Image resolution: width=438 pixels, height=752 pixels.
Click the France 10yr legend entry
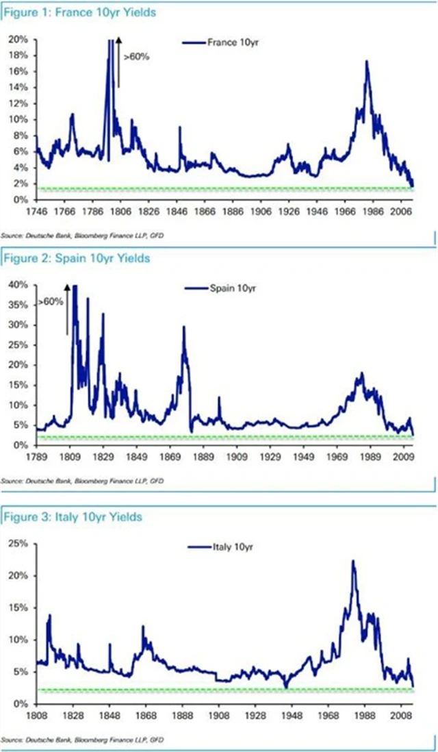click(220, 42)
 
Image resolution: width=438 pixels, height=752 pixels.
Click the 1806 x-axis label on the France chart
click(121, 212)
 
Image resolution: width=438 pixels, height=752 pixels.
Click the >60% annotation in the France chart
click(137, 57)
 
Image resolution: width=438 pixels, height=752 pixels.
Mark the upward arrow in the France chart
click(118, 62)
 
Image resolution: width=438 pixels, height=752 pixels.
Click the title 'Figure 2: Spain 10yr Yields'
click(76, 258)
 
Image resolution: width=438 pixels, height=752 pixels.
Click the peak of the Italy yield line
click(353, 561)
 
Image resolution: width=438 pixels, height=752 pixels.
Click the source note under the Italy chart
click(82, 739)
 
